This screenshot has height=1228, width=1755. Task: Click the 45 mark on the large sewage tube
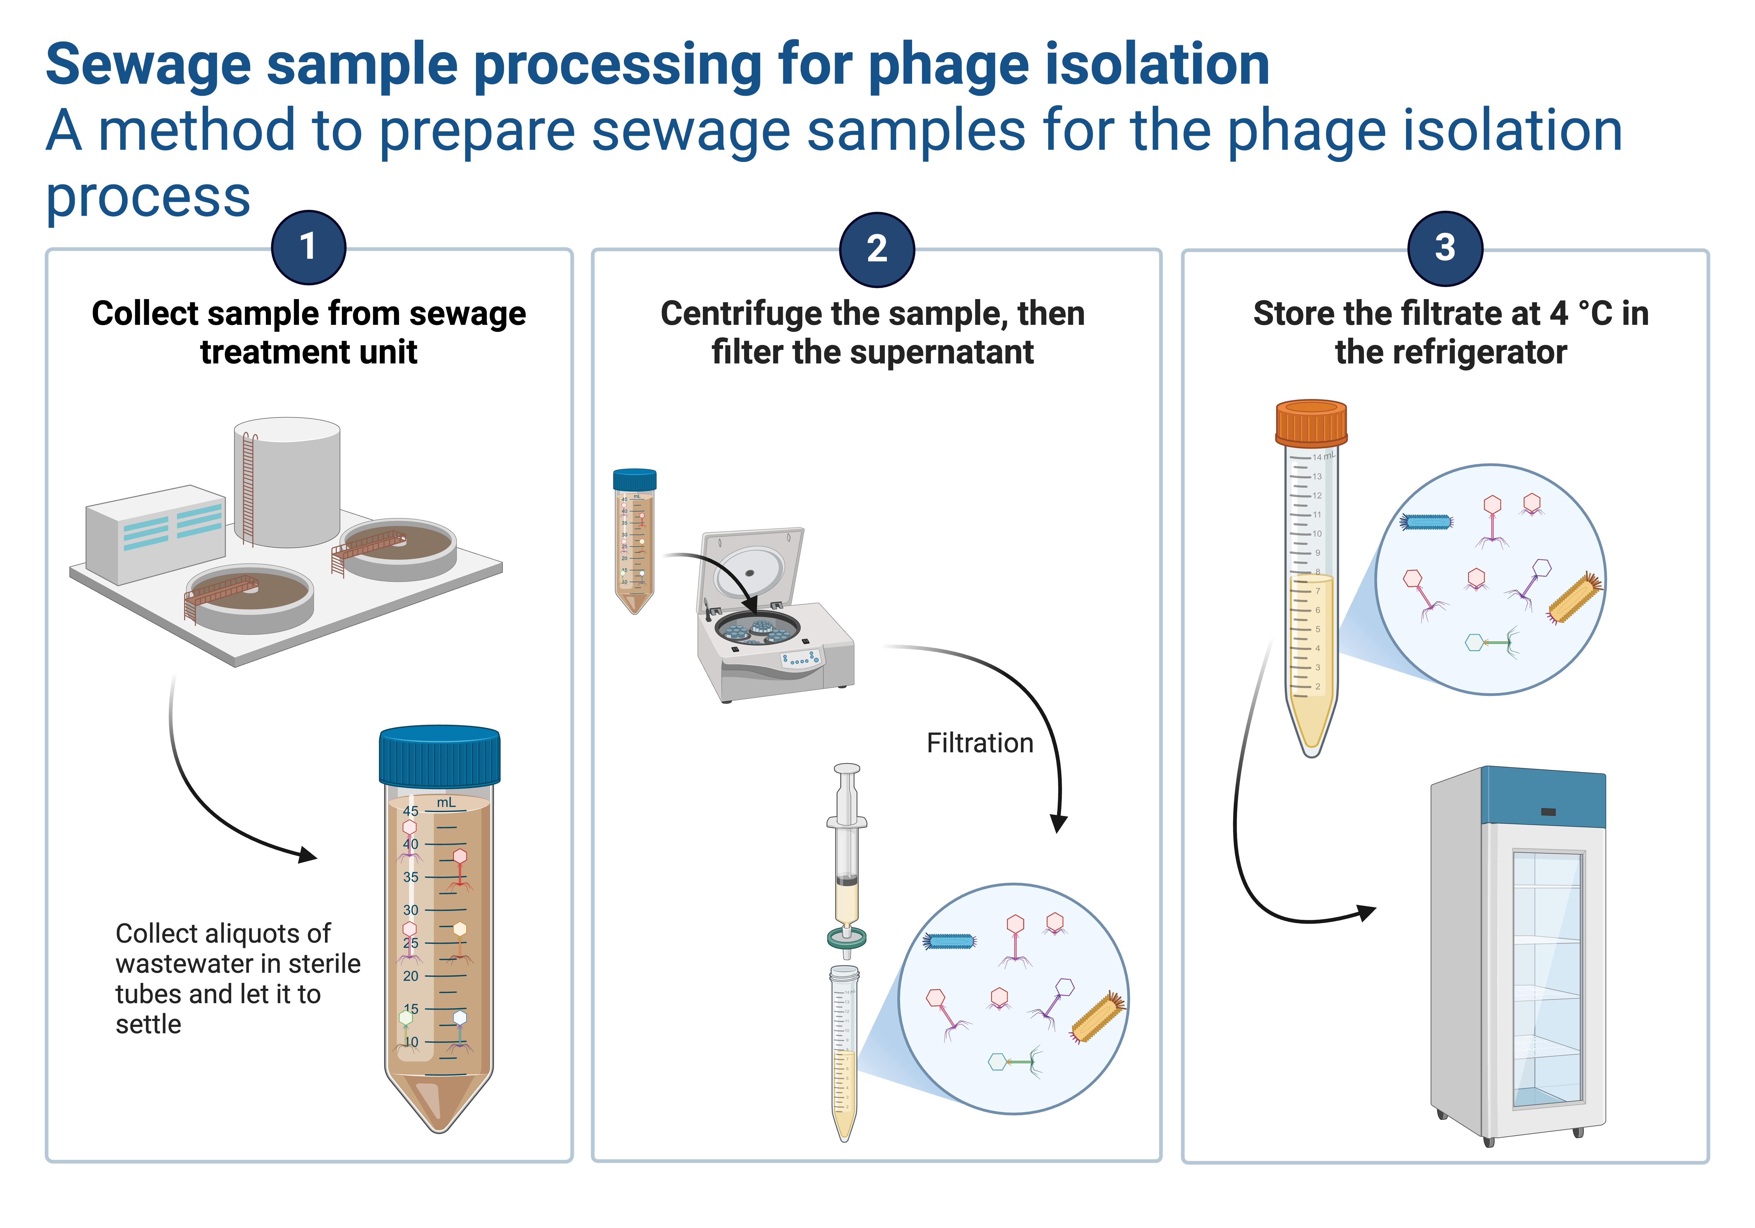410,811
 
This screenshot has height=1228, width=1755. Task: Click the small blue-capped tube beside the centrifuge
634,539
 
